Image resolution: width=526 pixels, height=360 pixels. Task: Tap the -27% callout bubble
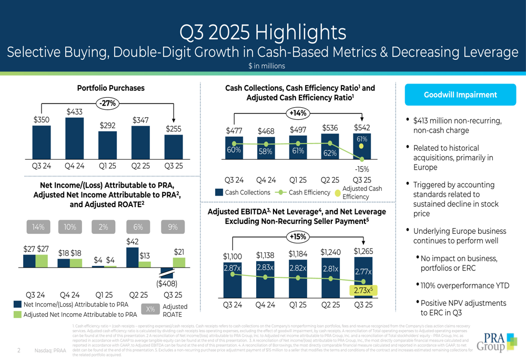point(108,104)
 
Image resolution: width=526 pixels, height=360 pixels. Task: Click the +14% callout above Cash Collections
point(298,112)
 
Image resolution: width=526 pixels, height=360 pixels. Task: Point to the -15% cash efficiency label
point(361,169)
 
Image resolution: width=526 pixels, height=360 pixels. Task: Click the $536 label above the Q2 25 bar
point(330,128)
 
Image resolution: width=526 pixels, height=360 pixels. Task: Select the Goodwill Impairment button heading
point(460,95)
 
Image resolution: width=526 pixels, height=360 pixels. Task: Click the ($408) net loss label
point(167,284)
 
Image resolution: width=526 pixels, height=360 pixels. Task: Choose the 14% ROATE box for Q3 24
point(38,227)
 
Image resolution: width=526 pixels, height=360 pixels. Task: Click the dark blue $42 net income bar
point(133,258)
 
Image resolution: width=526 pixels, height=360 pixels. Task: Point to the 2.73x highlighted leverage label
point(363,290)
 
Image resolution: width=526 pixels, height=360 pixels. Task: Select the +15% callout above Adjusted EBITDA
point(298,237)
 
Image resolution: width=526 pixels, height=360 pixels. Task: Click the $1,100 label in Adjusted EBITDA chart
point(232,256)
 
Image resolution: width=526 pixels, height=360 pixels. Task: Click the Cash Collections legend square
point(219,193)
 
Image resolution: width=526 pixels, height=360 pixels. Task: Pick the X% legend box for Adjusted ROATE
point(150,310)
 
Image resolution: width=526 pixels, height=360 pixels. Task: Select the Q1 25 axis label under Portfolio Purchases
point(107,166)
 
